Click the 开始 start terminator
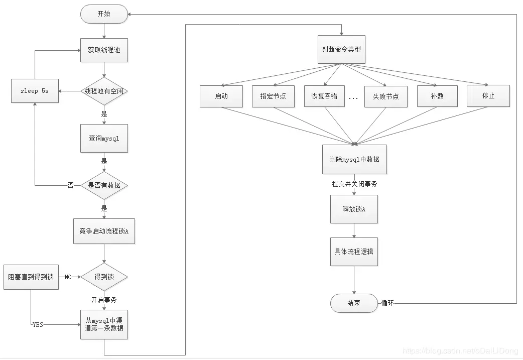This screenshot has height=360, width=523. coord(103,14)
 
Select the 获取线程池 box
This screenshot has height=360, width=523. coord(104,50)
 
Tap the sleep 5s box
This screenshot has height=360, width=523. coord(35,91)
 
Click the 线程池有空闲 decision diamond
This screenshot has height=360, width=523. coord(104,91)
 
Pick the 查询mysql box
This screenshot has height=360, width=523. coord(104,138)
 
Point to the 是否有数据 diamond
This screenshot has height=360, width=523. coord(104,185)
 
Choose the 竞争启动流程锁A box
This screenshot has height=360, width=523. coord(104,231)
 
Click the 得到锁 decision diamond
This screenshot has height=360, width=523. coord(104,277)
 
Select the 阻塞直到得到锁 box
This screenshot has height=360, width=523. coord(31,277)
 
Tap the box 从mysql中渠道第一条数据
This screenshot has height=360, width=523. coord(104,324)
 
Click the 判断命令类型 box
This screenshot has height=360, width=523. coord(341,50)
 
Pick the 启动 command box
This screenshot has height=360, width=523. coord(221,96)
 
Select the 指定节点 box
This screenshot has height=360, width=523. coord(273,96)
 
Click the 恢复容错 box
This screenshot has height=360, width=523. coord(324,96)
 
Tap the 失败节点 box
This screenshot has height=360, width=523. coord(385,96)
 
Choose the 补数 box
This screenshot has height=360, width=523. coord(437,96)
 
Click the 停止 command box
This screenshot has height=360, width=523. coord(488,95)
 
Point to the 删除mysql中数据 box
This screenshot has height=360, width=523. coord(354,159)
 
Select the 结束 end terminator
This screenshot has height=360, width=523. coord(354,303)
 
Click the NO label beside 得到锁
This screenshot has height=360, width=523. coord(68,277)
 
